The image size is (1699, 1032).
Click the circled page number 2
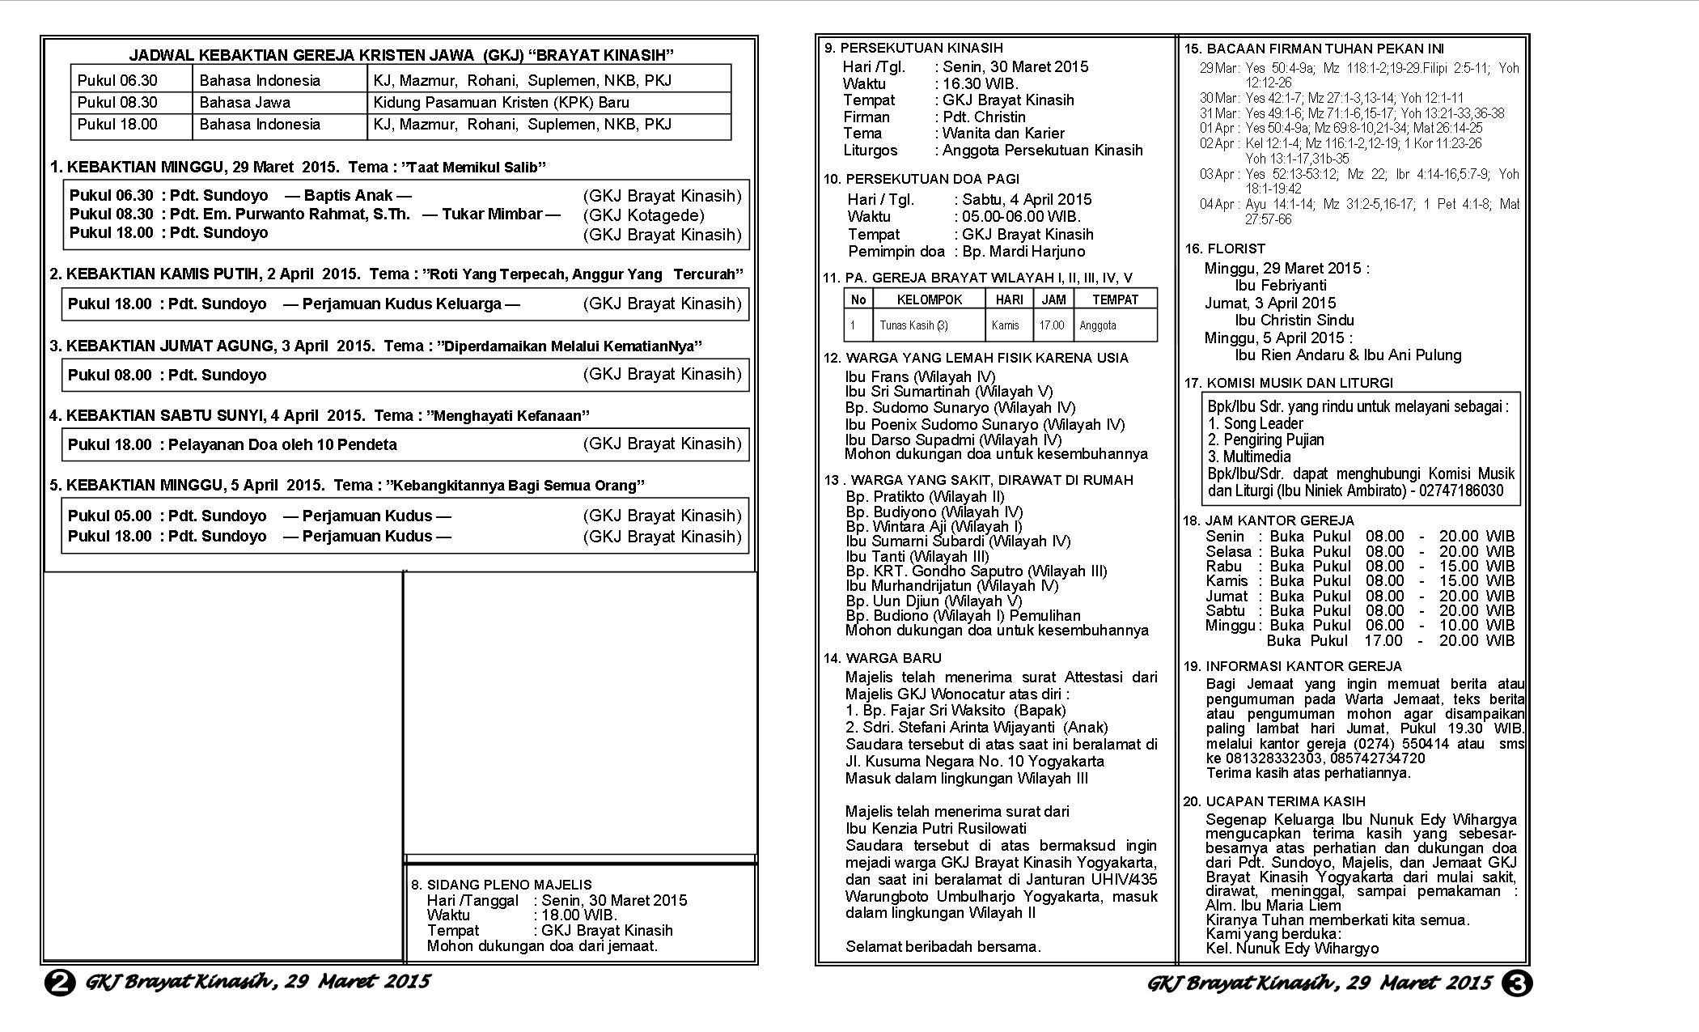tap(59, 983)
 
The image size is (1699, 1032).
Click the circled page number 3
tap(1517, 983)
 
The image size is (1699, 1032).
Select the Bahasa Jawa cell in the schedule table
tap(244, 103)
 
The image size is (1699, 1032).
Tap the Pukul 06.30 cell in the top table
tap(118, 80)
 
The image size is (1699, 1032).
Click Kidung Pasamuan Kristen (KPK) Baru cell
tap(501, 103)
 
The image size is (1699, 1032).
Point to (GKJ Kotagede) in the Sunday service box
tap(643, 215)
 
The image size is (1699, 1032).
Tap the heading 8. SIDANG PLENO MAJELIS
tap(501, 885)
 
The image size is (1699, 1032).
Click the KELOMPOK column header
tap(929, 299)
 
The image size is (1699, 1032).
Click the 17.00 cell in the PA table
tap(1053, 325)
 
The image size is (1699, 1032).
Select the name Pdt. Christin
tap(984, 117)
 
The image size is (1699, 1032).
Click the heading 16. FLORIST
tap(1225, 248)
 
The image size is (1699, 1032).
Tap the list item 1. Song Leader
tap(1255, 423)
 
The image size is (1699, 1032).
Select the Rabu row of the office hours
tap(1359, 566)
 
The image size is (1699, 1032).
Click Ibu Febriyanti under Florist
tap(1280, 286)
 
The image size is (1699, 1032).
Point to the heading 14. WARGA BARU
tap(883, 658)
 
